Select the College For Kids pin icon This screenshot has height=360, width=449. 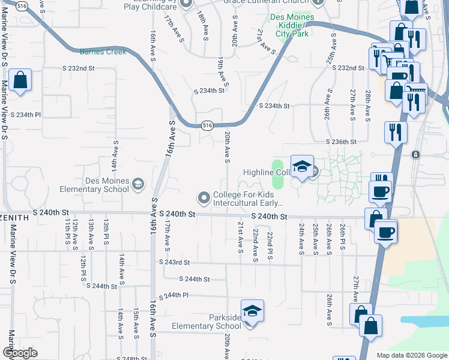pyautogui.click(x=204, y=197)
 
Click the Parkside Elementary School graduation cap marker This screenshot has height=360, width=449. pyautogui.click(x=253, y=312)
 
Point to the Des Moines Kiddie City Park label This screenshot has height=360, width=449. pyautogui.click(x=292, y=25)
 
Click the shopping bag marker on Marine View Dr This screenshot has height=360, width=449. pyautogui.click(x=20, y=80)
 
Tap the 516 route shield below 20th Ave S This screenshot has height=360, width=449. pyautogui.click(x=206, y=125)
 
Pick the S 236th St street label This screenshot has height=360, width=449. pyautogui.click(x=342, y=142)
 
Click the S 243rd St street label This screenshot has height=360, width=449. pyautogui.click(x=174, y=262)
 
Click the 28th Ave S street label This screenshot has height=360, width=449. pyautogui.click(x=367, y=103)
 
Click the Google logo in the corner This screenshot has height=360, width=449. pyautogui.click(x=20, y=353)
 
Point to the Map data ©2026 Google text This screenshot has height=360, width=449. pyautogui.click(x=411, y=355)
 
